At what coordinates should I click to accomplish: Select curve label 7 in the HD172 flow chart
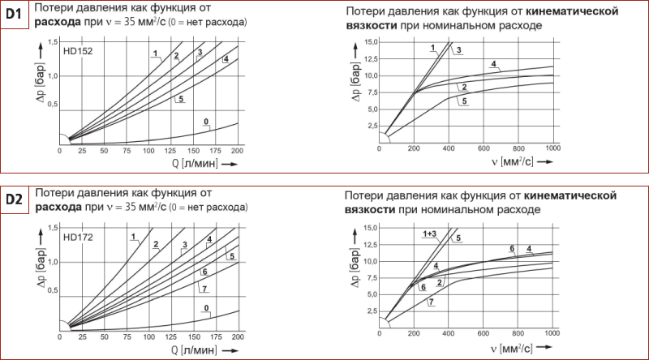[x=204, y=289]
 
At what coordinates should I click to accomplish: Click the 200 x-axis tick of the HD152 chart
[x=237, y=151]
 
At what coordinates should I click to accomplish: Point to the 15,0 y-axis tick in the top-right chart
[x=372, y=41]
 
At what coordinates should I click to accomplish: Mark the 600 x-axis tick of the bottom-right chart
[x=484, y=334]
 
